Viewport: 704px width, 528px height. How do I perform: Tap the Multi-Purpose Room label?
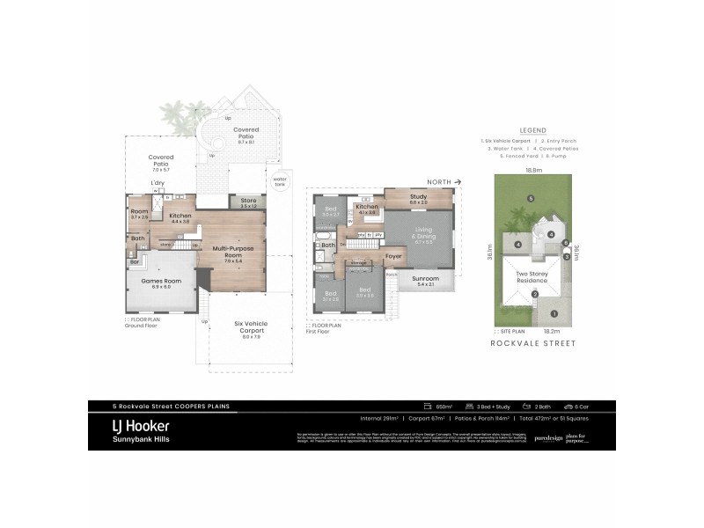[x=232, y=252]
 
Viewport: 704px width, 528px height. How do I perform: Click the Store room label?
[x=248, y=202]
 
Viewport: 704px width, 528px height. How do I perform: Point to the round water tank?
[x=280, y=183]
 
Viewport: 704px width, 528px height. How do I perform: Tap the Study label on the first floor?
[x=418, y=197]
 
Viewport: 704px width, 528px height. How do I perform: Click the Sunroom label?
[x=426, y=280]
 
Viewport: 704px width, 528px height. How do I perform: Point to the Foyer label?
[x=393, y=256]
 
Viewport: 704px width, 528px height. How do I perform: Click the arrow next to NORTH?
[x=459, y=181]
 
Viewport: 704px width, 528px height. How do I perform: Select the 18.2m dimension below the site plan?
[x=528, y=331]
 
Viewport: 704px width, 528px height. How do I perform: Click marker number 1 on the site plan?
[x=554, y=313]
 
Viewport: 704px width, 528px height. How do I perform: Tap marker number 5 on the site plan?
[x=531, y=198]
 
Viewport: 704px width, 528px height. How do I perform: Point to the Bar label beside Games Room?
[x=135, y=261]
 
